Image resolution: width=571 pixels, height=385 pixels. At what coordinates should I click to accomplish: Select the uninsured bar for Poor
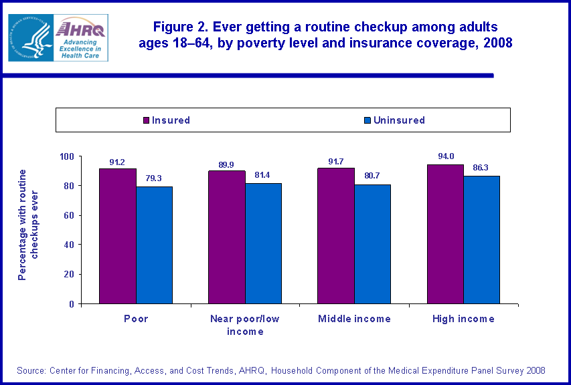click(x=154, y=245)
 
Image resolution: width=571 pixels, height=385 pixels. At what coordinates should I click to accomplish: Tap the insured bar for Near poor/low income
click(x=226, y=237)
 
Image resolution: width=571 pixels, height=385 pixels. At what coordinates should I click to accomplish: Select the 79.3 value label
click(x=155, y=178)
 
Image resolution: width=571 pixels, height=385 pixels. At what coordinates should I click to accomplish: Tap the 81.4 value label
click(x=264, y=175)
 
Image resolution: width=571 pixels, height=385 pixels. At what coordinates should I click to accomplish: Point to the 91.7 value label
click(x=337, y=160)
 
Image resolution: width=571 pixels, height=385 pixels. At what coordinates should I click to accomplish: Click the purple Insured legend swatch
click(x=147, y=121)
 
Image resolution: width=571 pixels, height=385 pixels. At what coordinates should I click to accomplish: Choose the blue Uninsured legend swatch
click(x=368, y=121)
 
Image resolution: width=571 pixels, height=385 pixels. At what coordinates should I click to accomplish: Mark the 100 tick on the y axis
click(x=68, y=156)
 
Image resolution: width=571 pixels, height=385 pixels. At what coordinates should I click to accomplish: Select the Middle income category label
click(x=354, y=319)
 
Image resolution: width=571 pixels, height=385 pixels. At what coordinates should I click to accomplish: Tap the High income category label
click(x=463, y=319)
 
